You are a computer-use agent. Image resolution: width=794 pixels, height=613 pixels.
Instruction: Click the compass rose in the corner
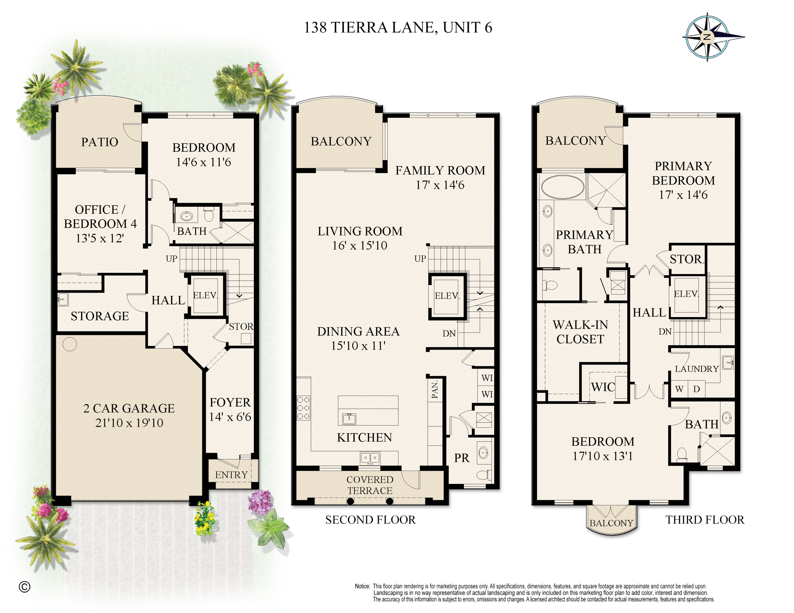click(x=707, y=37)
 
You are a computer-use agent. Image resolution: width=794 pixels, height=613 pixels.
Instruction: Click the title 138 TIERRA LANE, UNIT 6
click(x=398, y=28)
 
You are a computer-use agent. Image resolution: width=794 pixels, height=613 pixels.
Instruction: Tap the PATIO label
click(x=100, y=142)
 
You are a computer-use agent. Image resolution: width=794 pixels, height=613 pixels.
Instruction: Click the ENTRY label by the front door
click(x=231, y=475)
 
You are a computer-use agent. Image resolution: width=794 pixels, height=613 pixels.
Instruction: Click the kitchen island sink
click(x=349, y=419)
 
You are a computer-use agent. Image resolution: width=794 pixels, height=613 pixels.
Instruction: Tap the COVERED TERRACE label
click(x=370, y=485)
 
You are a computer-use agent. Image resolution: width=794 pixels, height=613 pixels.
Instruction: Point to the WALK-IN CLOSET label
click(x=580, y=332)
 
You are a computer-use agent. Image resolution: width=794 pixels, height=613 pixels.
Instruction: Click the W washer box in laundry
click(x=679, y=389)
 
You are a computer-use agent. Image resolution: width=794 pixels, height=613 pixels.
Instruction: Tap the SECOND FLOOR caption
click(x=370, y=520)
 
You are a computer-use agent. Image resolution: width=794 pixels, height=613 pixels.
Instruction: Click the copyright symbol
click(x=24, y=587)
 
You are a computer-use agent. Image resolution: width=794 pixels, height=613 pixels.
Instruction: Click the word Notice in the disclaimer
click(x=362, y=586)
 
